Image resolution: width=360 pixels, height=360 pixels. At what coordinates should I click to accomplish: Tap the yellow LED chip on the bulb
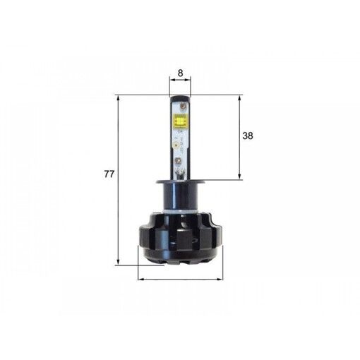point(180,126)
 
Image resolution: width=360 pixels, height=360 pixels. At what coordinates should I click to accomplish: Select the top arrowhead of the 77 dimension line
point(118,97)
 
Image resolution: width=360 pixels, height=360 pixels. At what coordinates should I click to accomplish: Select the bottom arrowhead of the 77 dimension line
point(118,263)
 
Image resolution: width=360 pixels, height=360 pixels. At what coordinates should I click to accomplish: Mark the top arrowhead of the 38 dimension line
point(241,97)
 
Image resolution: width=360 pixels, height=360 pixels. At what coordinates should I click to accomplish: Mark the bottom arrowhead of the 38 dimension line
point(241,178)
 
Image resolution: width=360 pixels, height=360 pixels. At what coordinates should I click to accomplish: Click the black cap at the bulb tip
point(180,100)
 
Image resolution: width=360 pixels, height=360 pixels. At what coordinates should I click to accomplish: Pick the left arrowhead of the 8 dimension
point(171,80)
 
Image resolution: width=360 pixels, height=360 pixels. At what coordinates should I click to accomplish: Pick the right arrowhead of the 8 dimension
point(190,80)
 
